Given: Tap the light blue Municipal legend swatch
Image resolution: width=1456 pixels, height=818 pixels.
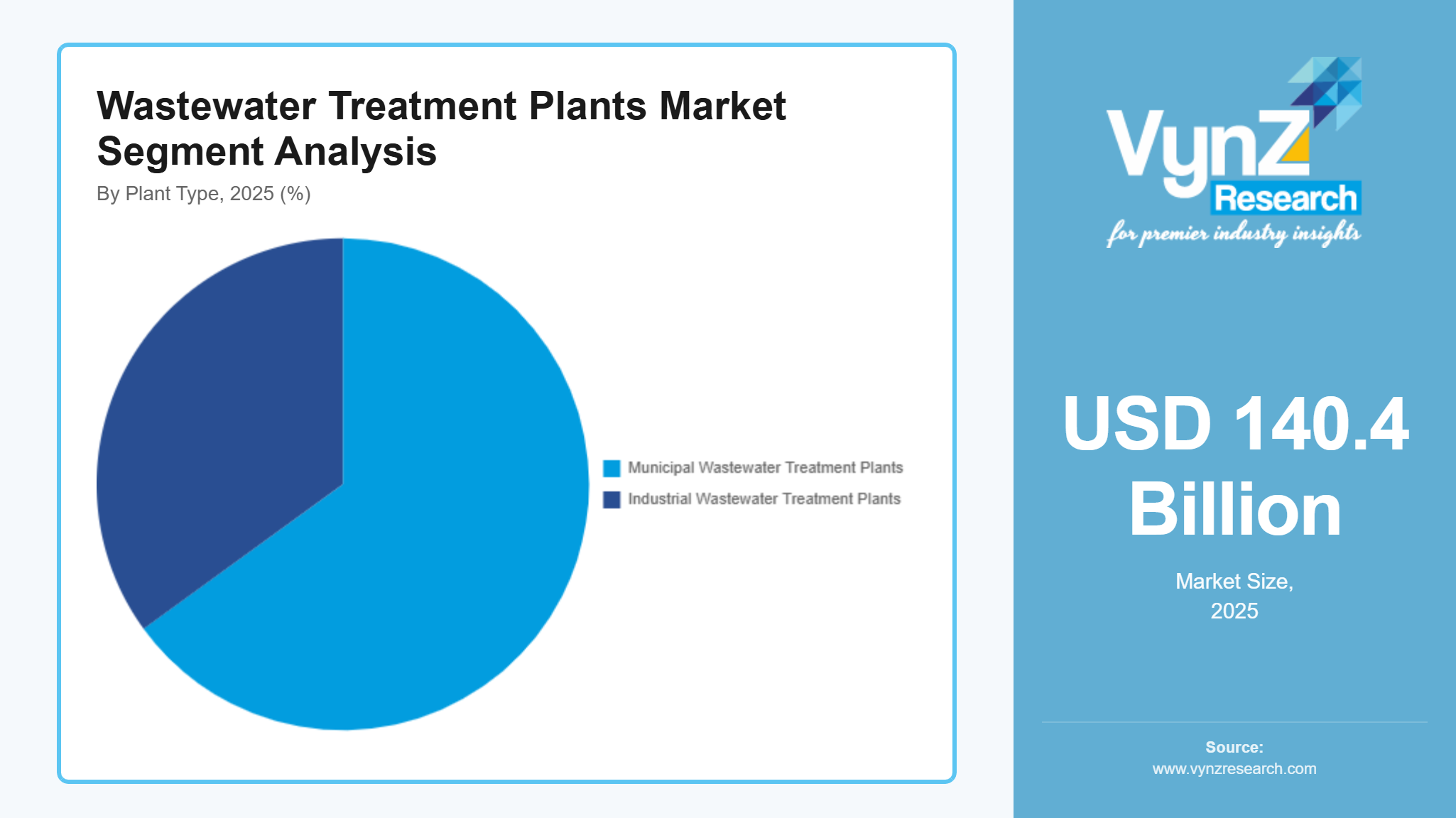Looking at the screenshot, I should pyautogui.click(x=612, y=468).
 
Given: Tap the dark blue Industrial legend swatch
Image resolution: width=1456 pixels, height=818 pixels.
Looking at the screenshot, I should pyautogui.click(x=612, y=499).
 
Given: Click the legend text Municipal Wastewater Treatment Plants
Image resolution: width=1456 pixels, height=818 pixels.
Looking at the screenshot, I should pyautogui.click(x=765, y=468).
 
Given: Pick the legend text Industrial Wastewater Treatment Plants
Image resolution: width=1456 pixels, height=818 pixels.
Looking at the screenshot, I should pyautogui.click(x=764, y=499).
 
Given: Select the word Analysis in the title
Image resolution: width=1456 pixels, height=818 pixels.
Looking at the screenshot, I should pyautogui.click(x=355, y=152).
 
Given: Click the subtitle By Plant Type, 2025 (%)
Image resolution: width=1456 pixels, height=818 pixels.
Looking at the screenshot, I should pyautogui.click(x=204, y=194).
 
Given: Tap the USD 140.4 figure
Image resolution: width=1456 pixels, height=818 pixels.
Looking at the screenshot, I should pyautogui.click(x=1235, y=424).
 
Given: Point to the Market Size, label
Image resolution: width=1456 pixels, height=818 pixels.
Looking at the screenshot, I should pyautogui.click(x=1234, y=582).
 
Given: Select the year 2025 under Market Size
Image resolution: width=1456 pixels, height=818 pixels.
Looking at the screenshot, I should pyautogui.click(x=1234, y=611).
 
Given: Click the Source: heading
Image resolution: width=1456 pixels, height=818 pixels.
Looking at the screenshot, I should pyautogui.click(x=1234, y=747).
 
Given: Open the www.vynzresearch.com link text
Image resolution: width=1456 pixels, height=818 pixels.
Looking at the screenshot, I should pyautogui.click(x=1234, y=769).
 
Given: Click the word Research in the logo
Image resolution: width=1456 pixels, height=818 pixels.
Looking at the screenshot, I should pyautogui.click(x=1286, y=198).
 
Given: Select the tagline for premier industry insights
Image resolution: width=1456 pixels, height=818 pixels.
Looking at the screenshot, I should pyautogui.click(x=1234, y=234).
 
